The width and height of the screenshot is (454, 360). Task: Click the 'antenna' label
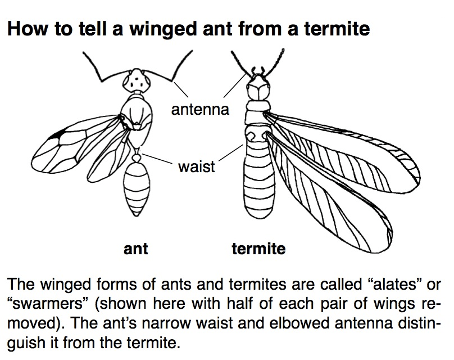point(200,109)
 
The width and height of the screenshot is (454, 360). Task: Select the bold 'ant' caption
point(135,248)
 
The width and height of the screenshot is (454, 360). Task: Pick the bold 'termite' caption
point(258,248)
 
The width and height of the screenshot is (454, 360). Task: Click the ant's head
point(135,82)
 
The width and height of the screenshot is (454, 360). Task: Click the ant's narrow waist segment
point(136,150)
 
